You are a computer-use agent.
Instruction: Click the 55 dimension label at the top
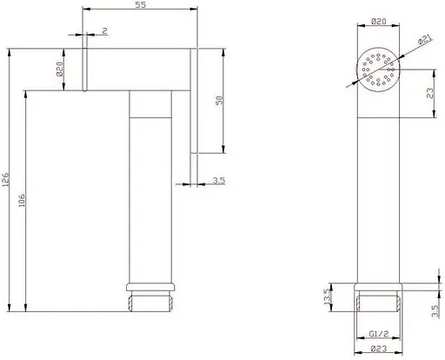pos(141,5)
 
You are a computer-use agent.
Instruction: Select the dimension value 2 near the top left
pos(104,30)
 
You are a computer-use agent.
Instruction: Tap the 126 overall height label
pos(5,179)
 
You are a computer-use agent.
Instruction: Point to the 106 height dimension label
pos(22,200)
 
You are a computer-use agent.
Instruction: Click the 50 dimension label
pos(219,100)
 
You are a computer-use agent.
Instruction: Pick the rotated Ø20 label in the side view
pos(59,69)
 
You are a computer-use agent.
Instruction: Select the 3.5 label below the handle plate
pos(219,180)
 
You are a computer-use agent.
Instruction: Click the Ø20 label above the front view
pos(379,21)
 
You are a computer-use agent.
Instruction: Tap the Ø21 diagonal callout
pos(425,39)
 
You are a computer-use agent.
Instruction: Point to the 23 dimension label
pos(430,93)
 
